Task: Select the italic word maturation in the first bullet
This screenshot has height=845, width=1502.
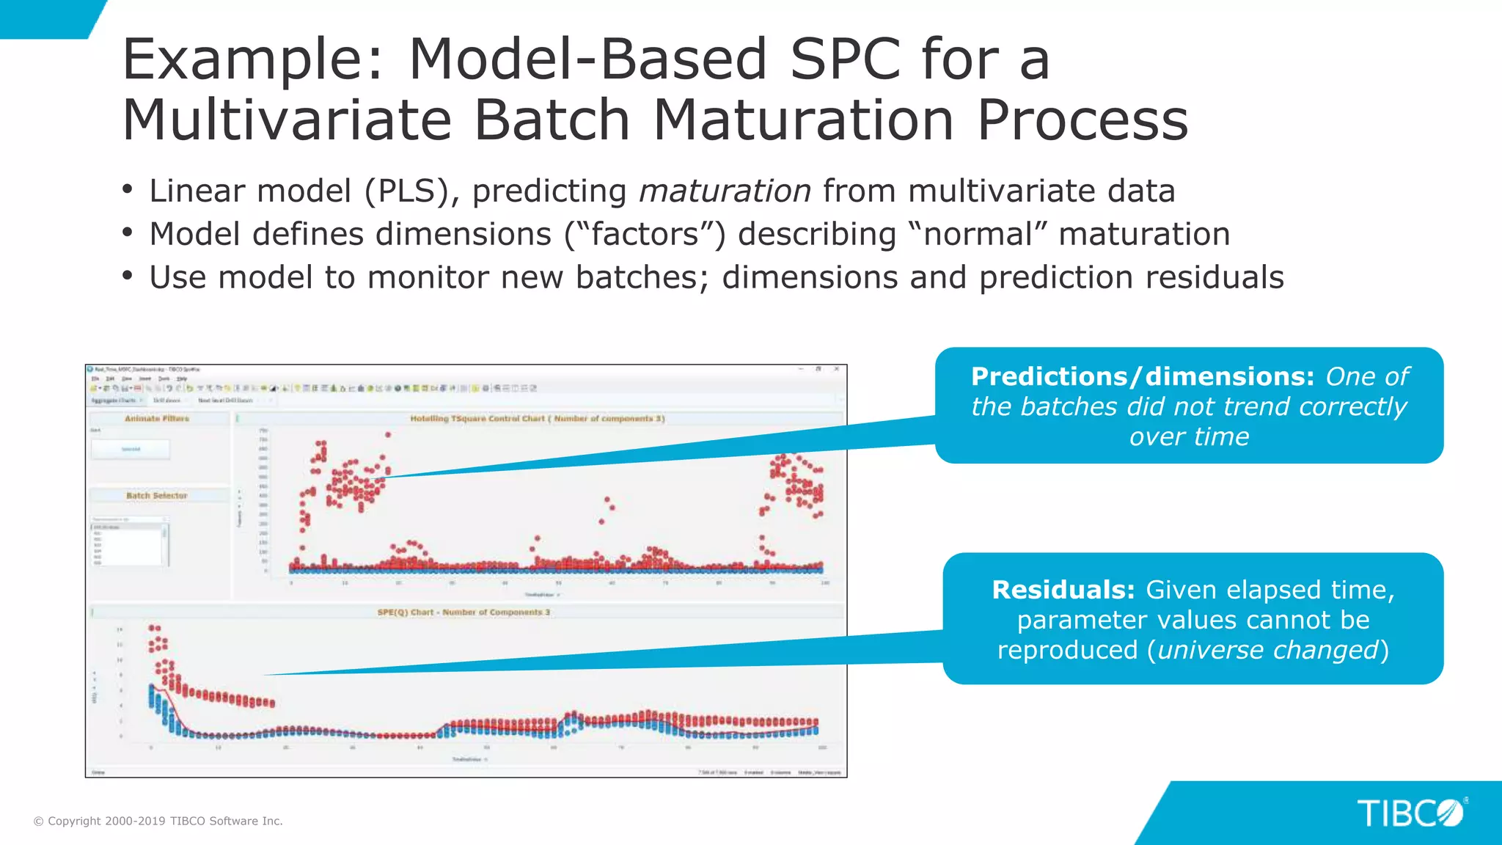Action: tap(725, 191)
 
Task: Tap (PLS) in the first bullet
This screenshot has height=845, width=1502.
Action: tap(412, 191)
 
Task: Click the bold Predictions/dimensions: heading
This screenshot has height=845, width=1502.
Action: tap(1142, 376)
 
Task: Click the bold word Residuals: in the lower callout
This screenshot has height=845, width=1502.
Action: tap(1063, 590)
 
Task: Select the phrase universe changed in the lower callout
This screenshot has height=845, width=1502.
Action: tap(1268, 650)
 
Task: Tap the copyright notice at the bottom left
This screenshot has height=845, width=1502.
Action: tap(158, 821)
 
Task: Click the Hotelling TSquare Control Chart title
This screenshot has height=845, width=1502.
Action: tap(537, 418)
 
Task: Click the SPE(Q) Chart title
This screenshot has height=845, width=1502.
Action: tap(463, 612)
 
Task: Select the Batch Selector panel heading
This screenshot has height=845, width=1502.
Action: tap(156, 496)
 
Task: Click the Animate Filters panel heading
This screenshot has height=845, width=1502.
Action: tap(156, 418)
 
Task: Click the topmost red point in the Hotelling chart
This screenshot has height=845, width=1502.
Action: tap(388, 435)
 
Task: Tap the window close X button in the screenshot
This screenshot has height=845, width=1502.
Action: tap(836, 369)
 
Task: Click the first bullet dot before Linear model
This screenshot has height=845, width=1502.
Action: tap(128, 190)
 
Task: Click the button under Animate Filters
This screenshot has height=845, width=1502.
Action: tap(130, 449)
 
